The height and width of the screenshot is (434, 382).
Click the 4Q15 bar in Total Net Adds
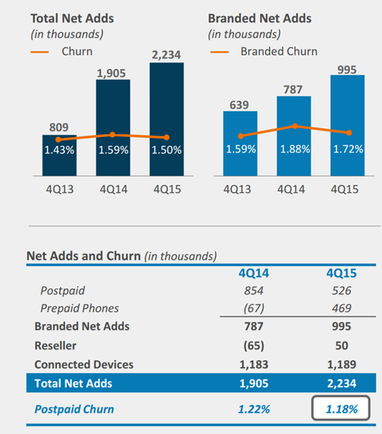coord(166,114)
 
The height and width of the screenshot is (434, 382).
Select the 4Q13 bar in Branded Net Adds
coord(240,144)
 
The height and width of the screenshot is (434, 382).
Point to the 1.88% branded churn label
coord(294,149)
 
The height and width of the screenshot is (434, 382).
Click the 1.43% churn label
coord(59,150)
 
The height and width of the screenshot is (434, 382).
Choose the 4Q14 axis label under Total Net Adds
coord(113,189)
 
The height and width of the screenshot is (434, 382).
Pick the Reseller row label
coord(55,345)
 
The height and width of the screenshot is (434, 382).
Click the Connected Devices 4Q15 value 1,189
coord(342,364)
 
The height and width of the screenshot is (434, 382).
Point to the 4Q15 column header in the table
coord(342,273)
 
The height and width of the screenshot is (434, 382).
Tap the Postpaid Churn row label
coord(74,409)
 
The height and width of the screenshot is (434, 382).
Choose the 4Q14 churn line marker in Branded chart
coord(294,126)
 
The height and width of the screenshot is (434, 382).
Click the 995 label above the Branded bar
coord(347,70)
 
